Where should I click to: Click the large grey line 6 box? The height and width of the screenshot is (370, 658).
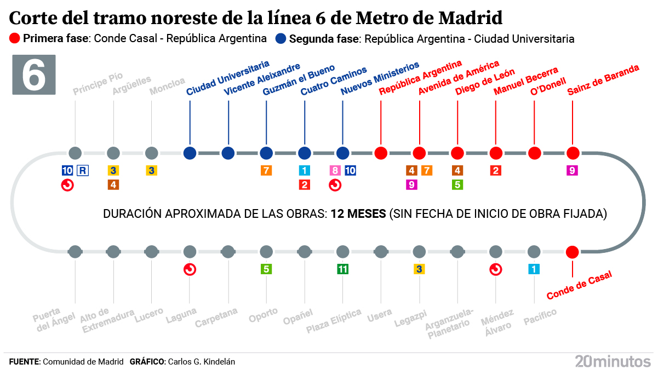[34, 75]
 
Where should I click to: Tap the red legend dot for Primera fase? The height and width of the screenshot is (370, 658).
[15, 39]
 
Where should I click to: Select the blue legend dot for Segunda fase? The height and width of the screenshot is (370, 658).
[281, 39]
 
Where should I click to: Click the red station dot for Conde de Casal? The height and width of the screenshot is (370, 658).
[572, 252]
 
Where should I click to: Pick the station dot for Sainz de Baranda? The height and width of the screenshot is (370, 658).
[573, 153]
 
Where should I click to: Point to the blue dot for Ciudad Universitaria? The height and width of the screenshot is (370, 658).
[190, 153]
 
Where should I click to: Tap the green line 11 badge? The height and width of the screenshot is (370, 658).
[342, 269]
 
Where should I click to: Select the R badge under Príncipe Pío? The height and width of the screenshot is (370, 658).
[82, 170]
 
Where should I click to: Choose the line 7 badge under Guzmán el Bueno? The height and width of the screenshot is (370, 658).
[266, 170]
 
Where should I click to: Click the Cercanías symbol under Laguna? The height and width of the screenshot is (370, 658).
[190, 269]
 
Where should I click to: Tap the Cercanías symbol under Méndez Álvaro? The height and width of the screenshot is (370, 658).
[495, 269]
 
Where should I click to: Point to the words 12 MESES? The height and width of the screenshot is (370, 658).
[358, 213]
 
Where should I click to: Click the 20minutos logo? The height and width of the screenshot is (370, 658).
[613, 361]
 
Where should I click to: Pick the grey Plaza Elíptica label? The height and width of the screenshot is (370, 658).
[334, 321]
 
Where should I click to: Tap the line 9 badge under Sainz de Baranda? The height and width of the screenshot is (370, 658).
[572, 170]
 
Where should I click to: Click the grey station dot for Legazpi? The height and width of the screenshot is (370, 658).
[419, 252]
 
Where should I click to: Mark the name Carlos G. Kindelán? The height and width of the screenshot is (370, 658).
[202, 362]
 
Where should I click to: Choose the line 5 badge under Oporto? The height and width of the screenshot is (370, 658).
[266, 269]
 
